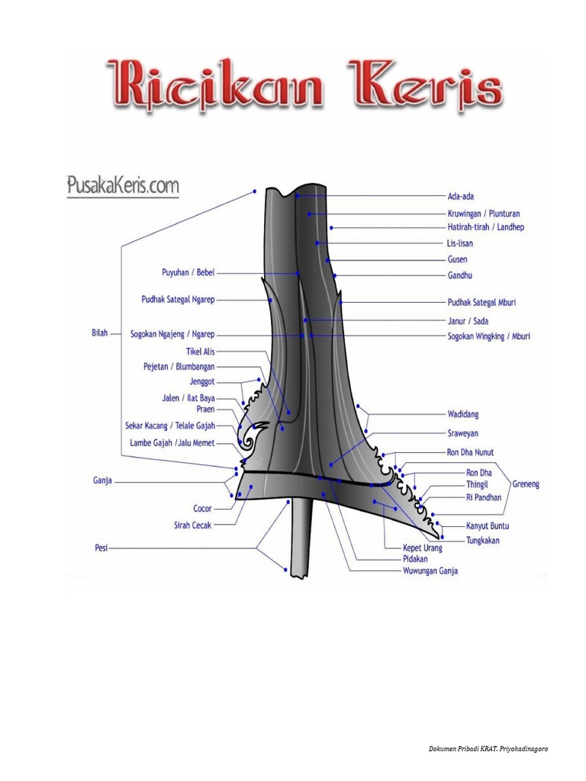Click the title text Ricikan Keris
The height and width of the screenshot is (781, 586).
click(x=305, y=85)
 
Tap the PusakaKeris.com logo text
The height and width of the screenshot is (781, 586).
click(x=122, y=185)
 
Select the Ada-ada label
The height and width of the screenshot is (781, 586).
click(x=460, y=197)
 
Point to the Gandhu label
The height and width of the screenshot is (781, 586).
click(x=459, y=275)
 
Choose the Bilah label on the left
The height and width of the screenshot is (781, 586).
click(x=100, y=333)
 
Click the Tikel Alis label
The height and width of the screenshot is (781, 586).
click(x=201, y=352)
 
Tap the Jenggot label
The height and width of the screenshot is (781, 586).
click(x=202, y=381)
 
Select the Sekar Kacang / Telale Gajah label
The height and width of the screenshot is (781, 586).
click(x=170, y=426)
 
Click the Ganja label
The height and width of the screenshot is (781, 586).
click(x=103, y=480)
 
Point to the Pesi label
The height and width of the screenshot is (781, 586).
click(x=101, y=547)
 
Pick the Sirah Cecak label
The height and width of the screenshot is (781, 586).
click(x=192, y=525)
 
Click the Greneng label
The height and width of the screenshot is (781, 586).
click(x=526, y=484)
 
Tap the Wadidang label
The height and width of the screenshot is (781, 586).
click(x=462, y=414)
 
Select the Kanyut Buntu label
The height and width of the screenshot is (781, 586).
click(x=488, y=526)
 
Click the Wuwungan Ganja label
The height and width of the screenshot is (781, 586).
click(x=430, y=570)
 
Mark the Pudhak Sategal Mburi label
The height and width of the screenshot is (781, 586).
click(x=481, y=303)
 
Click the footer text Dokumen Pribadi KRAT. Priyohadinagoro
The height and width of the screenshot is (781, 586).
click(x=488, y=749)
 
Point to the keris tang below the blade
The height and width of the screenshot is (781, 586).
click(x=301, y=538)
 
